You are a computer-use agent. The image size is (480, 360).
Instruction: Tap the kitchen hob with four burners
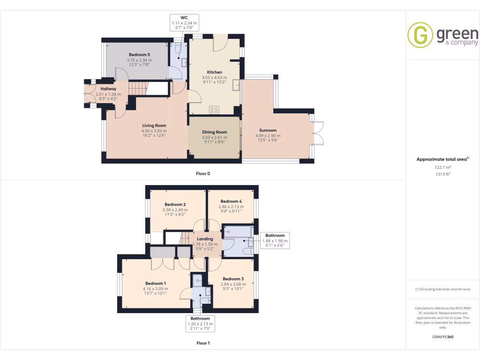coord(214,110)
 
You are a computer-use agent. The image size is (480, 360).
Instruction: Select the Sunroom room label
coord(268,130)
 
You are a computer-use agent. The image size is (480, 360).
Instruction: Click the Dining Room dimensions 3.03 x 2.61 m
coord(215,137)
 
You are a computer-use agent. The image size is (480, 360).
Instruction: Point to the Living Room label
coord(154,126)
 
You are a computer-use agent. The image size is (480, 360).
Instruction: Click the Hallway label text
coord(108,89)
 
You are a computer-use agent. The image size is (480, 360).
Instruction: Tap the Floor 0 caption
coord(203,173)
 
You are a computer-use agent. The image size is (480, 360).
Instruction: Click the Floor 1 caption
coord(203,343)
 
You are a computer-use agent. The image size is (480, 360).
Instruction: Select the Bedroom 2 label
coord(175,204)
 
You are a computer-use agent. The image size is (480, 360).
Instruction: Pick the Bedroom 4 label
coord(231,202)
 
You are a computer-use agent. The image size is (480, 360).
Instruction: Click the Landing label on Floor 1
coord(205,239)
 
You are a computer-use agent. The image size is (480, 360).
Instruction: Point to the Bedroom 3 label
coord(233,279)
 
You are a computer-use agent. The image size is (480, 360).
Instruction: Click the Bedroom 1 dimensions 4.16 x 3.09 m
coord(155,289)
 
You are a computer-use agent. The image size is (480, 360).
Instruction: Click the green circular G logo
coord(420,35)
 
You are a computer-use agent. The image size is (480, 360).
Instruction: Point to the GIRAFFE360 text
coord(443,337)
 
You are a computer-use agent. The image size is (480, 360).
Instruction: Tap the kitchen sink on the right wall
coord(236,85)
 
